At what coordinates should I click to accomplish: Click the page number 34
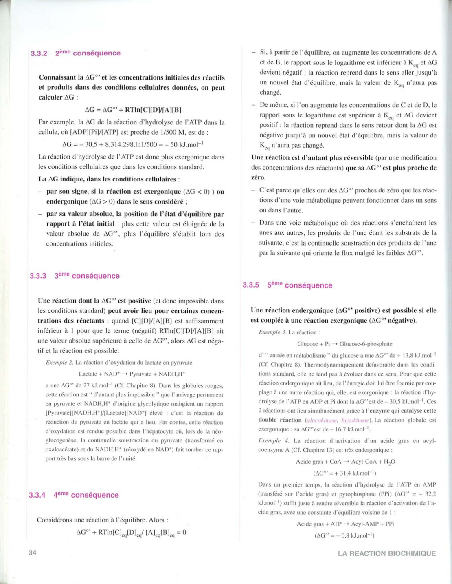point(33,553)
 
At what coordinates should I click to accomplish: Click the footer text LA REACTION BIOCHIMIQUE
point(386,553)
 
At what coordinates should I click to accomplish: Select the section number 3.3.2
point(39,53)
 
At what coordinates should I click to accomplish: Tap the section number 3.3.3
point(38,276)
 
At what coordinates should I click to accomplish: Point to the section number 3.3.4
point(37,495)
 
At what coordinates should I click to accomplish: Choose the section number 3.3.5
point(251,285)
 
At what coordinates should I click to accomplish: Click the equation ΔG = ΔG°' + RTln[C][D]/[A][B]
point(133,110)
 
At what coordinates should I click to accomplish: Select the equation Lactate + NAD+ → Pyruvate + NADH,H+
point(132,374)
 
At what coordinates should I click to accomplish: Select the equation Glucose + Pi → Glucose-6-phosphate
point(344,344)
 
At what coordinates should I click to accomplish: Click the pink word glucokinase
point(322,420)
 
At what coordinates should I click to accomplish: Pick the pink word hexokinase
point(355,420)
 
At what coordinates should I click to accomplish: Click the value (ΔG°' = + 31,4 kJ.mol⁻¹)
point(344,473)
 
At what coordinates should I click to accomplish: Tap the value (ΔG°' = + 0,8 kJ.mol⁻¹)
point(344,535)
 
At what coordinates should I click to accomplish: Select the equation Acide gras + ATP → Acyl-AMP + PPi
point(345,524)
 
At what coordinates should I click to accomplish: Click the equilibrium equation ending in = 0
point(131,533)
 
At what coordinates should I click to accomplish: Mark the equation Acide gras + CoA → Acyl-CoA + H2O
point(345,462)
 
